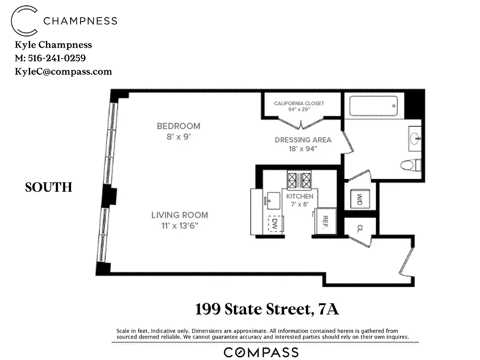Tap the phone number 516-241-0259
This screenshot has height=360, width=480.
[x=56, y=58]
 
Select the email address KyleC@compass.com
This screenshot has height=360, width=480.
[x=63, y=72]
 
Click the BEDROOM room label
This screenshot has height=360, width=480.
[x=178, y=126]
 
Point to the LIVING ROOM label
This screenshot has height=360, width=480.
[x=179, y=215]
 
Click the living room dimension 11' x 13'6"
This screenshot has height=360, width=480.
[x=179, y=225]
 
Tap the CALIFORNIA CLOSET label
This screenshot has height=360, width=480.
[x=299, y=103]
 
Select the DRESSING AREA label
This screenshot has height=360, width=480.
[x=303, y=140]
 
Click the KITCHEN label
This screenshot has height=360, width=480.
[x=300, y=197]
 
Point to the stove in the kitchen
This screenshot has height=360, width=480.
[x=299, y=180]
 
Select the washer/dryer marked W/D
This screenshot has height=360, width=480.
[x=360, y=198]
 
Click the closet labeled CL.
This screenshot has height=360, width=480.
[x=360, y=228]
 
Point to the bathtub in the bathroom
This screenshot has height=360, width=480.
[x=373, y=106]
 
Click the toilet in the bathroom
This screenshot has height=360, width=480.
[x=410, y=165]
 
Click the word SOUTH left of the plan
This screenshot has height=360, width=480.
[x=49, y=188]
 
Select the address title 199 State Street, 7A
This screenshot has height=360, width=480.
[x=267, y=310]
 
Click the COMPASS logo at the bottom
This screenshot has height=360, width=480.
[x=261, y=352]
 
